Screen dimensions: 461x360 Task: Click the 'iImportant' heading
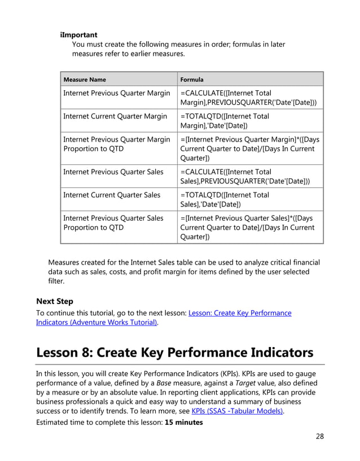click(78, 35)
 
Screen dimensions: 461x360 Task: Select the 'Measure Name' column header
click(84, 80)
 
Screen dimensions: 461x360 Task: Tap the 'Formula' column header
click(192, 80)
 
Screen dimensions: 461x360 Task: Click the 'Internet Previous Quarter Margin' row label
click(116, 93)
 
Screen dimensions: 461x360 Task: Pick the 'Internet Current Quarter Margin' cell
click(115, 116)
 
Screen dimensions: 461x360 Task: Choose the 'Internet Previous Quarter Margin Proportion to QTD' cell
click(116, 144)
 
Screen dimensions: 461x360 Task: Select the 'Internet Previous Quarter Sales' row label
click(113, 172)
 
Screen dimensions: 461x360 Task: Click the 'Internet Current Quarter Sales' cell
click(112, 195)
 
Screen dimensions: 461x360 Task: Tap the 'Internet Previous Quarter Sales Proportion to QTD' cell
click(113, 223)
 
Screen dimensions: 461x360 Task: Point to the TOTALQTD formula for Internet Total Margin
click(225, 121)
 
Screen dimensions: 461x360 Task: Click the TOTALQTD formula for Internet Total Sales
click(225, 200)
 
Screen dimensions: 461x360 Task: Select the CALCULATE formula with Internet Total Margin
click(248, 98)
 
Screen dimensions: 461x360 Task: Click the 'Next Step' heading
click(55, 301)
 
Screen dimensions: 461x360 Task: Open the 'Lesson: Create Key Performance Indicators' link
click(240, 313)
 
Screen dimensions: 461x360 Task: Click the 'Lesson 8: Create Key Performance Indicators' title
click(174, 353)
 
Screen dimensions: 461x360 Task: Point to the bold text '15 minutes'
click(183, 422)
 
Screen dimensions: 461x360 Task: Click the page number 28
click(319, 436)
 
